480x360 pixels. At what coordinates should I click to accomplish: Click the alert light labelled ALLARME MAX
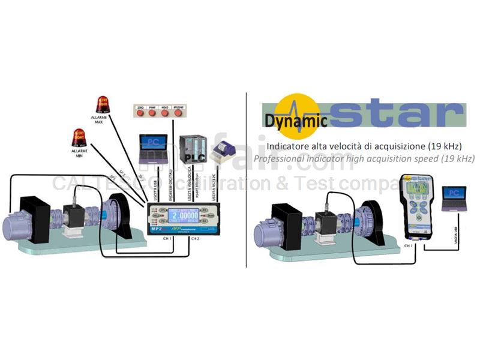click(x=103, y=104)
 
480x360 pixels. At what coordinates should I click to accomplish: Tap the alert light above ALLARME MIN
click(x=79, y=137)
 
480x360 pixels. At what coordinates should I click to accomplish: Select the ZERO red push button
click(x=140, y=113)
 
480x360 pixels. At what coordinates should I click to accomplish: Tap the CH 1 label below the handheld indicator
click(x=408, y=246)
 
